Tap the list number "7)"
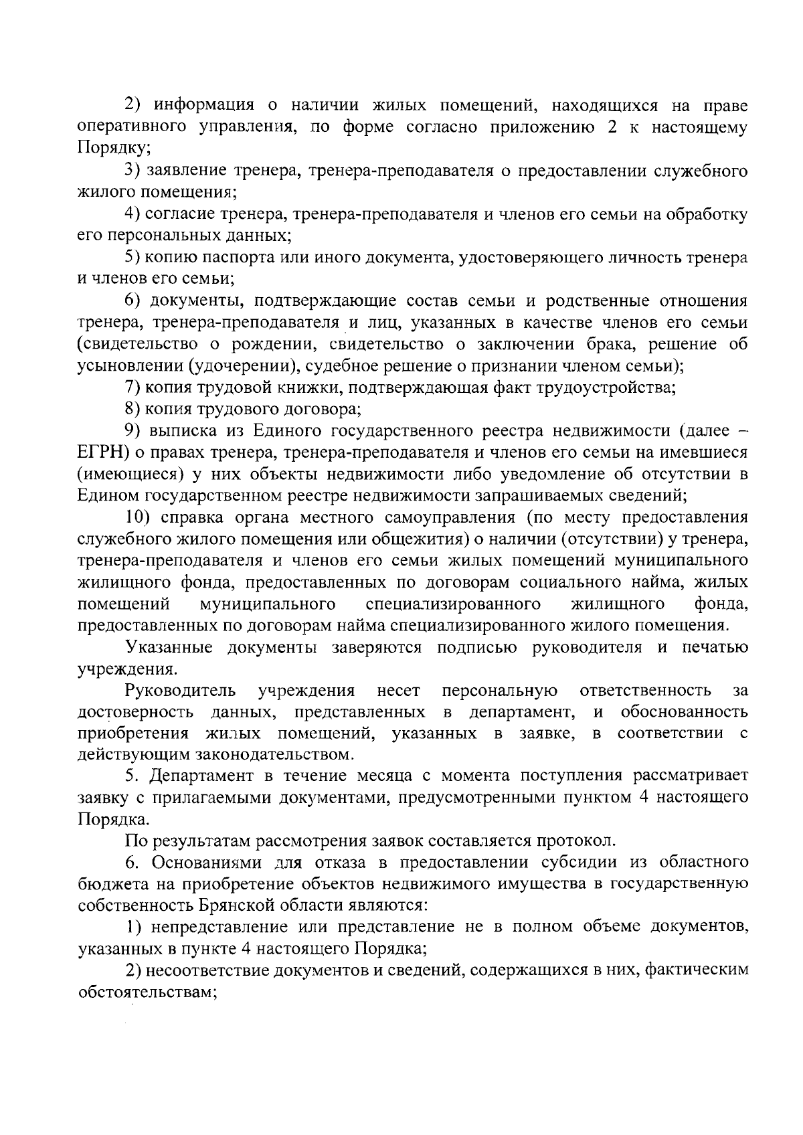134,387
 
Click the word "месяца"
375,776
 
